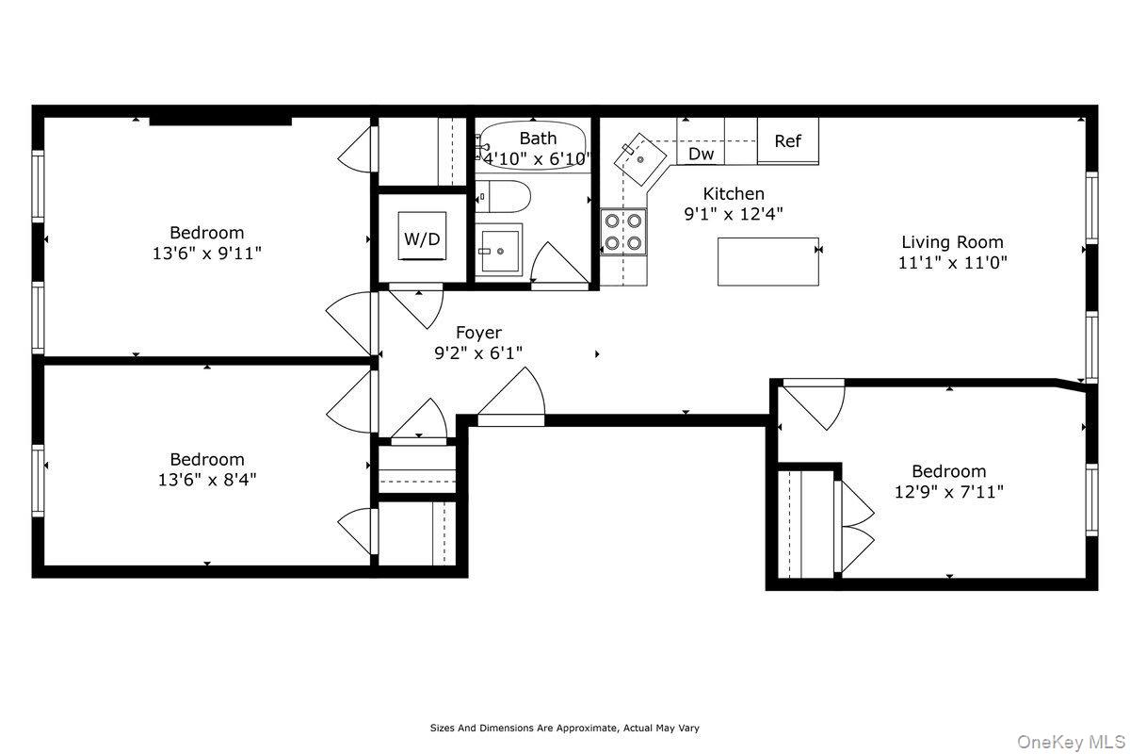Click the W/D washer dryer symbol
422,238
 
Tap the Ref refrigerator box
787,141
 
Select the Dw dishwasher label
701,154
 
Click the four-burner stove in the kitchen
623,232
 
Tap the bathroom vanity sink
498,250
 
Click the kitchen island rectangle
767,261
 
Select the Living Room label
952,242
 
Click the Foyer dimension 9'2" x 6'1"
478,352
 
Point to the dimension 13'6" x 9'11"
206,253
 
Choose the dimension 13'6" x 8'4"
206,479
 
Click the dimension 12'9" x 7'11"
948,491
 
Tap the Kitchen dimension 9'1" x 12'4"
734,214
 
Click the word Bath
538,139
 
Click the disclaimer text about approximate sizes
565,728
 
